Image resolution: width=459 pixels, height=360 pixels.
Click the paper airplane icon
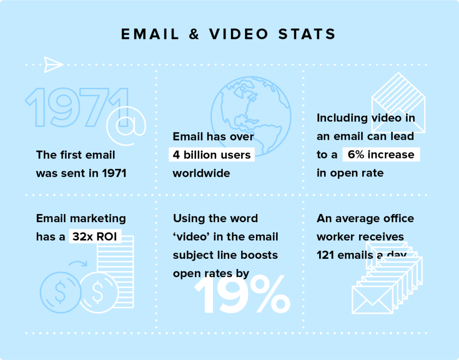(53, 64)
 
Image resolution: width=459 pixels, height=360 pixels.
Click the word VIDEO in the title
(238, 34)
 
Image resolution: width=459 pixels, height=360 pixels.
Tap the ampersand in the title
(194, 34)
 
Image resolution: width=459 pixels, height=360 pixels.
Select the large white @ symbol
(126, 126)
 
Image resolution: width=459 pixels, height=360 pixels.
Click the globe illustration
(251, 116)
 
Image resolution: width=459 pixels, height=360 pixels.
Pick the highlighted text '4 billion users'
(212, 155)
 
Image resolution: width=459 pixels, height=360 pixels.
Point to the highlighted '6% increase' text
(381, 154)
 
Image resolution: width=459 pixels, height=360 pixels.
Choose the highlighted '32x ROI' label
(95, 236)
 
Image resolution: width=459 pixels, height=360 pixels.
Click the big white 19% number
(242, 294)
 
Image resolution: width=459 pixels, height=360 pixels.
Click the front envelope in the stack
(372, 300)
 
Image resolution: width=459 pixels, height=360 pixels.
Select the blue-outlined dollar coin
(61, 292)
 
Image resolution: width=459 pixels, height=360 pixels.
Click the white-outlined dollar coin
(98, 292)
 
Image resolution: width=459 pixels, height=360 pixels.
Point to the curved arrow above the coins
(78, 263)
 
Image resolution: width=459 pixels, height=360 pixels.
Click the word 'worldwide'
(201, 173)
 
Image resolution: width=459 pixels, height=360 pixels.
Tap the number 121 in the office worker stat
(325, 255)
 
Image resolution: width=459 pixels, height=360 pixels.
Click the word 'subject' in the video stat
(192, 255)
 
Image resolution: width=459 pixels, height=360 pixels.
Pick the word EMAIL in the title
(150, 34)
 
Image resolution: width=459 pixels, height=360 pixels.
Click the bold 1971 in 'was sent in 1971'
(114, 173)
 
